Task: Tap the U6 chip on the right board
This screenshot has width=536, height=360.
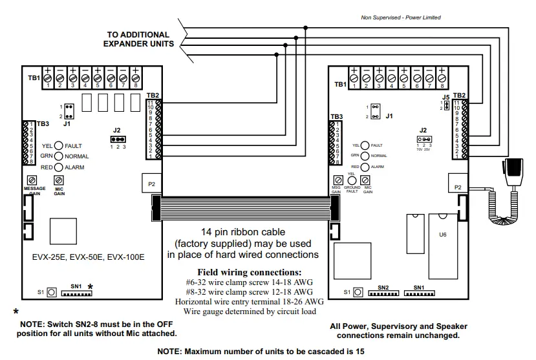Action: pos(442,235)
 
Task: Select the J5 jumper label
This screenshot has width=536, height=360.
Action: pos(445,98)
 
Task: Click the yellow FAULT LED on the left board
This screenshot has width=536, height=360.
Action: pos(58,146)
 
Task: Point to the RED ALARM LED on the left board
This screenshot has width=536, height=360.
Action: pos(58,167)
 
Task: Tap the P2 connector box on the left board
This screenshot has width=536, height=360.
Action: pos(151,184)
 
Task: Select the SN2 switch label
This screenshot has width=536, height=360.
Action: pos(383,287)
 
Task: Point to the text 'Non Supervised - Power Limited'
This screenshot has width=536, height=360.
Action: pos(400,17)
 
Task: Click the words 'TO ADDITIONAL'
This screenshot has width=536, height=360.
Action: pos(138,35)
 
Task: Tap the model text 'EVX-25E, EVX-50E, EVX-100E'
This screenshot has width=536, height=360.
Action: pos(89,257)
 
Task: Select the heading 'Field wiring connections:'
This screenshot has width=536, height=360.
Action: pos(249,272)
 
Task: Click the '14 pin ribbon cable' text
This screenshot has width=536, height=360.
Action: pos(242,232)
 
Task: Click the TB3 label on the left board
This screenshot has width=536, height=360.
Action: pos(43,123)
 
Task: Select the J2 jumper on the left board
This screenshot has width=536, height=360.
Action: pos(117,138)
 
